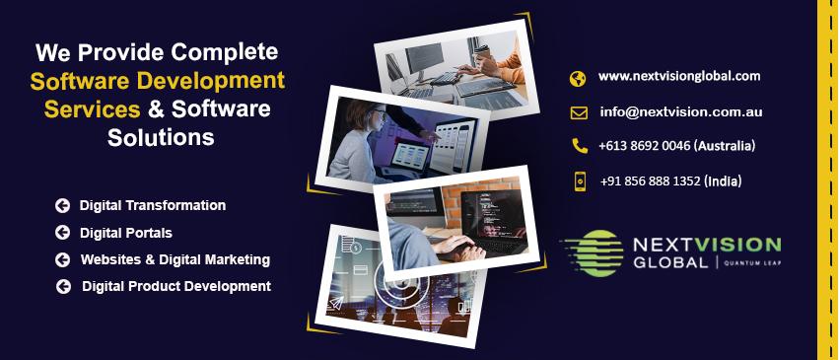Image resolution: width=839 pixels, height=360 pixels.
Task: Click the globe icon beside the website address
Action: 578,79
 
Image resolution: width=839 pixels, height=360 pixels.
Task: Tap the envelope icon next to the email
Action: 579,112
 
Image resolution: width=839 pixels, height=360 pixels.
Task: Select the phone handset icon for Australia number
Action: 579,146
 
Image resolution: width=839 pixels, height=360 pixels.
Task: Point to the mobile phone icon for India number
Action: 580,181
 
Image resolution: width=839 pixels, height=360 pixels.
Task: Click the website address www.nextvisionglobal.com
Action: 679,76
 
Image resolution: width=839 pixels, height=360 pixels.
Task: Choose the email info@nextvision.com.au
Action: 680,111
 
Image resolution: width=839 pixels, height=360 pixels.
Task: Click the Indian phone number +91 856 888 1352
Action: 650,181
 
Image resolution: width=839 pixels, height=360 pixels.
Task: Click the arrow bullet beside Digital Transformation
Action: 62,205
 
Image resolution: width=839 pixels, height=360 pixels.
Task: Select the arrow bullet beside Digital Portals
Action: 62,232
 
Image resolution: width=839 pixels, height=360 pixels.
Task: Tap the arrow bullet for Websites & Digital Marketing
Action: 62,259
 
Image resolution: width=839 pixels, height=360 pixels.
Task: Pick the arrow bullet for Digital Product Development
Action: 63,287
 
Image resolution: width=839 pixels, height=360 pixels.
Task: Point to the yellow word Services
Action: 92,109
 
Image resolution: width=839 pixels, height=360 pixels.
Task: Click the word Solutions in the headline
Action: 161,137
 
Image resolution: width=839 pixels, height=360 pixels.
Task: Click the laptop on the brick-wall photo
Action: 492,222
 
